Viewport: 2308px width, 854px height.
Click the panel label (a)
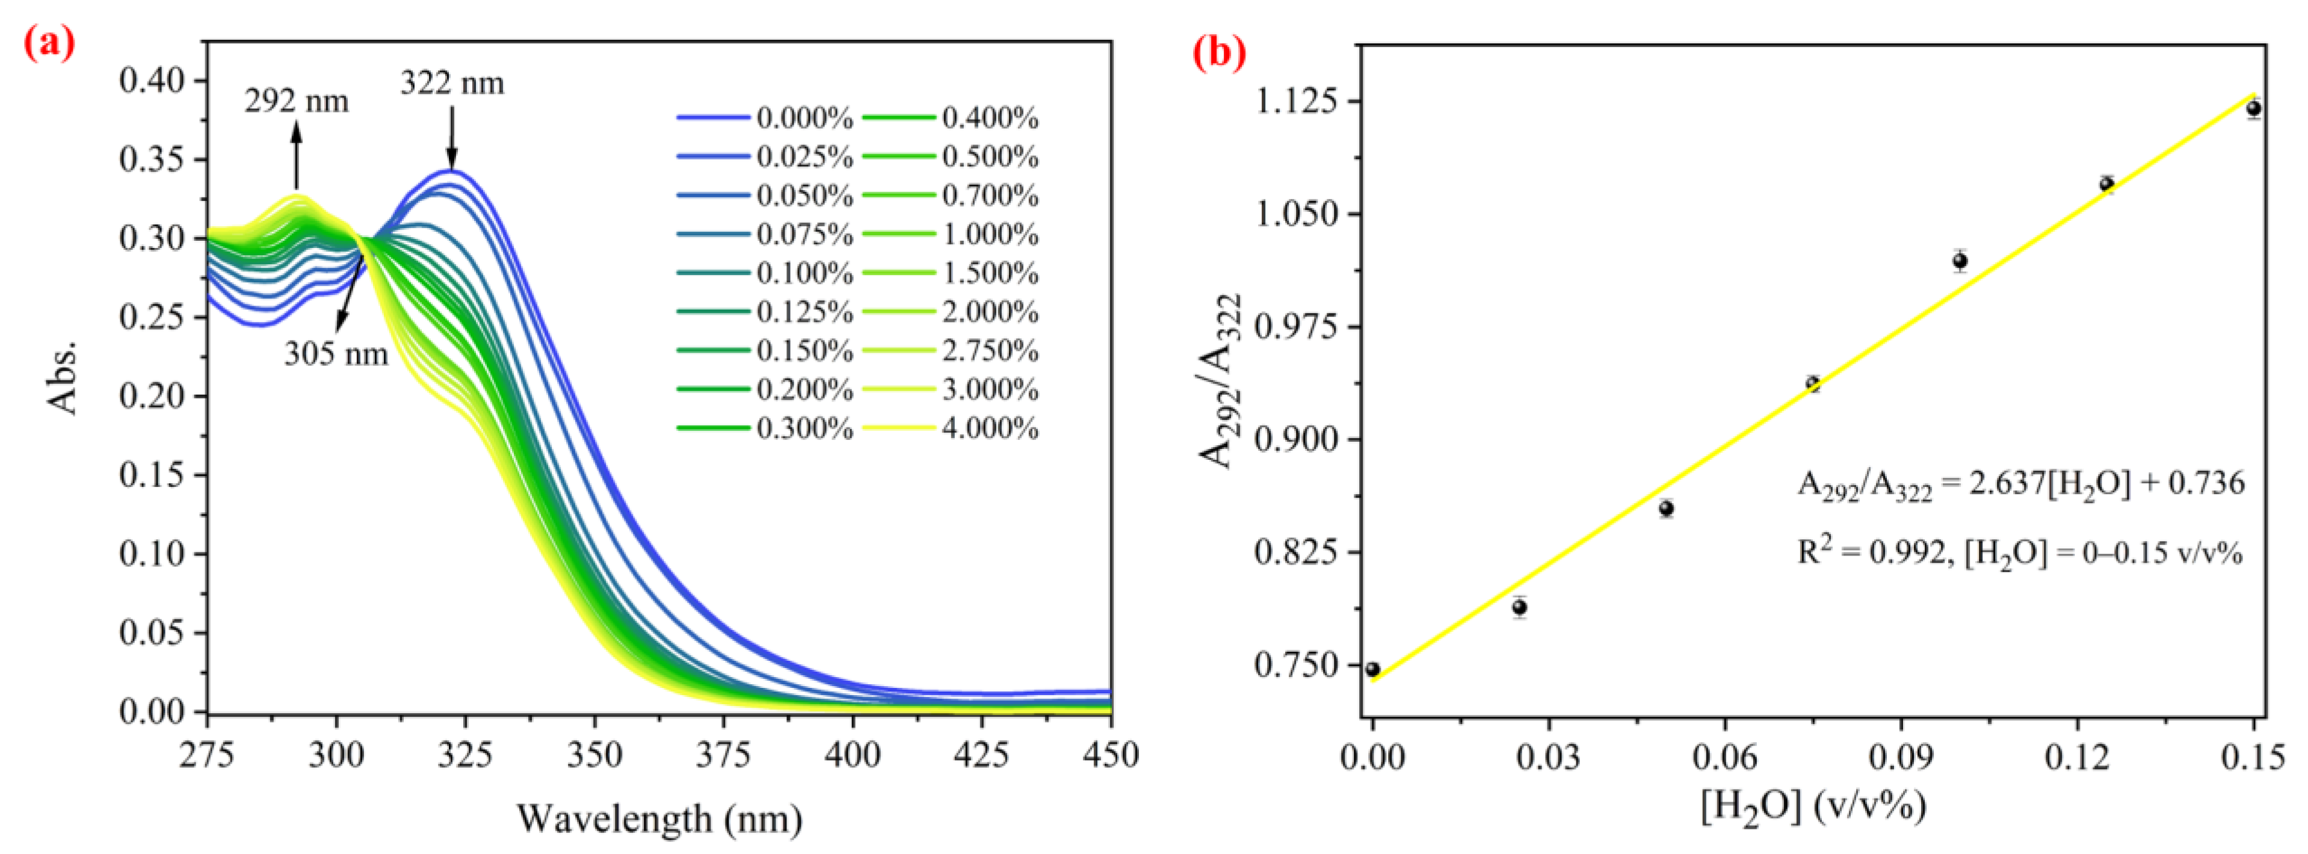click(49, 42)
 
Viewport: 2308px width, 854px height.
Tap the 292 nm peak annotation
click(297, 101)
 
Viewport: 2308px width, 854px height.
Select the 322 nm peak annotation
click(452, 83)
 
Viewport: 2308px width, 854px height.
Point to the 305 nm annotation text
click(336, 354)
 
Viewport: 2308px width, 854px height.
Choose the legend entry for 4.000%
click(949, 429)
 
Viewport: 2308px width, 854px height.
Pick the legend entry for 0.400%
click(949, 117)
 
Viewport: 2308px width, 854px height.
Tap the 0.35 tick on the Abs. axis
click(152, 159)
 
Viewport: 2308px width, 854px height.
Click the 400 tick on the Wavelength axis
click(852, 755)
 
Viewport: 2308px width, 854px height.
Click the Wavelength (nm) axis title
click(659, 818)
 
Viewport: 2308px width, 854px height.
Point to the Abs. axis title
click(63, 376)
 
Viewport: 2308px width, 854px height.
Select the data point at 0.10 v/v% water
click(1960, 261)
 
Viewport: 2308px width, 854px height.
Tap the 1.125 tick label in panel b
click(1297, 101)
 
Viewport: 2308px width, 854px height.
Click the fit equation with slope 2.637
click(2020, 485)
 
